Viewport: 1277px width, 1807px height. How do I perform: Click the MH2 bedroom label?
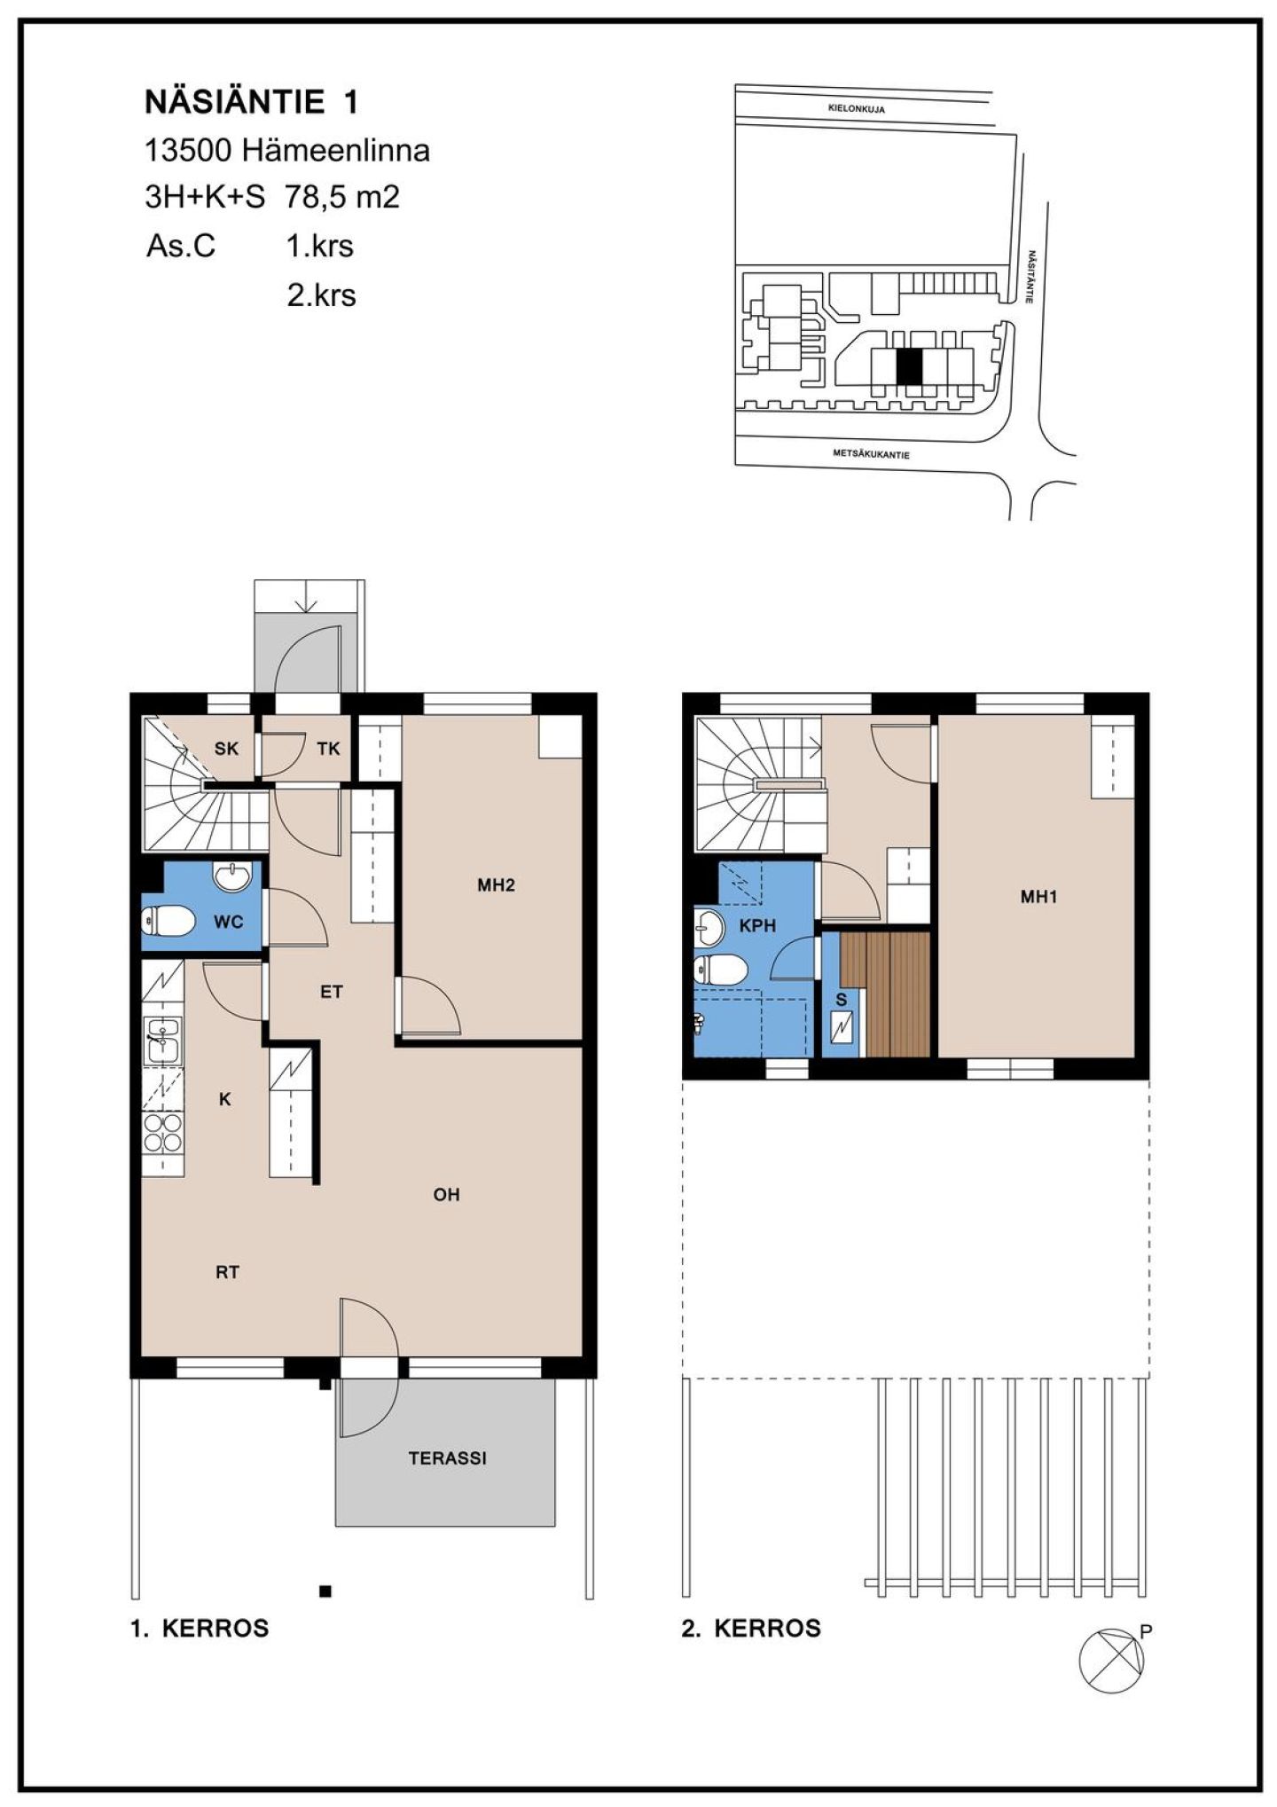[496, 884]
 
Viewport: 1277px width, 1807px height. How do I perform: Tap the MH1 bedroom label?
[1038, 897]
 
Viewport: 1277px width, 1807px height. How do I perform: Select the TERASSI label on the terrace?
[447, 1458]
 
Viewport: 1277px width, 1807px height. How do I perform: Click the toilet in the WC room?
[168, 922]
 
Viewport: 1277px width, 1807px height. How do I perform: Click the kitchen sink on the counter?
[163, 1040]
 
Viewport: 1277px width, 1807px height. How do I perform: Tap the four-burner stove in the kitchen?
[163, 1133]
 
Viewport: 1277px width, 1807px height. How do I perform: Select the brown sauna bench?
[884, 994]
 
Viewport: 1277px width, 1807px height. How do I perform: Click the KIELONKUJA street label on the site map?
[856, 109]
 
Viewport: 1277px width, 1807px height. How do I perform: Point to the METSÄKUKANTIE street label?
[871, 454]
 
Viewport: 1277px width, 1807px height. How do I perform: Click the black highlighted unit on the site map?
[909, 366]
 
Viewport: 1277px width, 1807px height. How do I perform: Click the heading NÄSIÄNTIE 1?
[252, 103]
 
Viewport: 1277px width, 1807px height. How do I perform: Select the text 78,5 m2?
[342, 197]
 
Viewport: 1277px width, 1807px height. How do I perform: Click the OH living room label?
[446, 1195]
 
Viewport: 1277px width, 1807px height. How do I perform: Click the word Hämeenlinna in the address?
[335, 151]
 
